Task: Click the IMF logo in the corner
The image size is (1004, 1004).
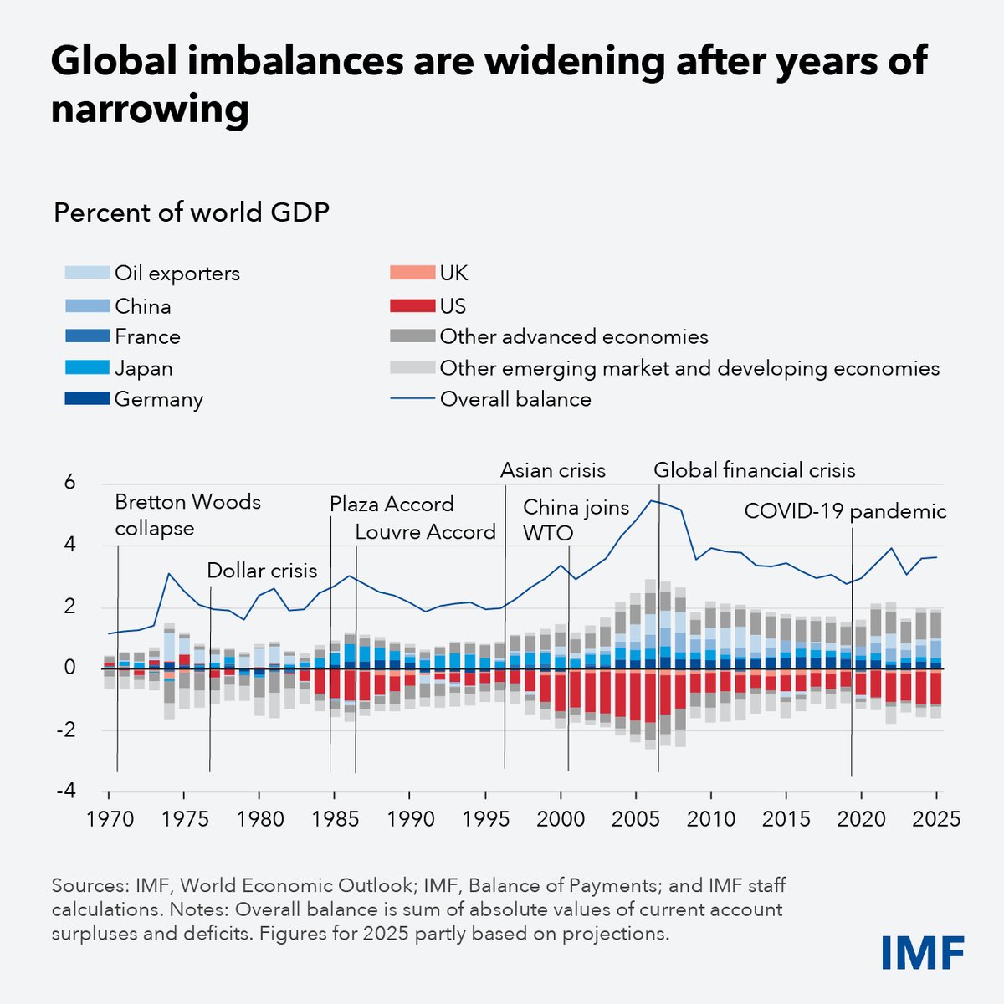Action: click(x=922, y=952)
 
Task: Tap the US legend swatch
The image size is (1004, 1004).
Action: click(x=412, y=305)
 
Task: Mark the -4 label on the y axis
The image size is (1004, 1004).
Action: click(x=66, y=791)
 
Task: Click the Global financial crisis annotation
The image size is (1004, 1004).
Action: click(x=754, y=470)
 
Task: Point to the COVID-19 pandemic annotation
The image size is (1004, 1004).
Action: click(x=845, y=511)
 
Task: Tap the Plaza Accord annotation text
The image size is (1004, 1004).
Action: click(x=391, y=504)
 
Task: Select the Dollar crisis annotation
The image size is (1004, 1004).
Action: click(x=262, y=571)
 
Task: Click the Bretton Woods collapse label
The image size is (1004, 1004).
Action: click(x=187, y=515)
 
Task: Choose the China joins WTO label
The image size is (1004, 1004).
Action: click(x=575, y=519)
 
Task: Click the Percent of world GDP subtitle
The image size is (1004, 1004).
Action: click(x=192, y=213)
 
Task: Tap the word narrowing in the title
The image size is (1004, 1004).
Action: click(x=150, y=110)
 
